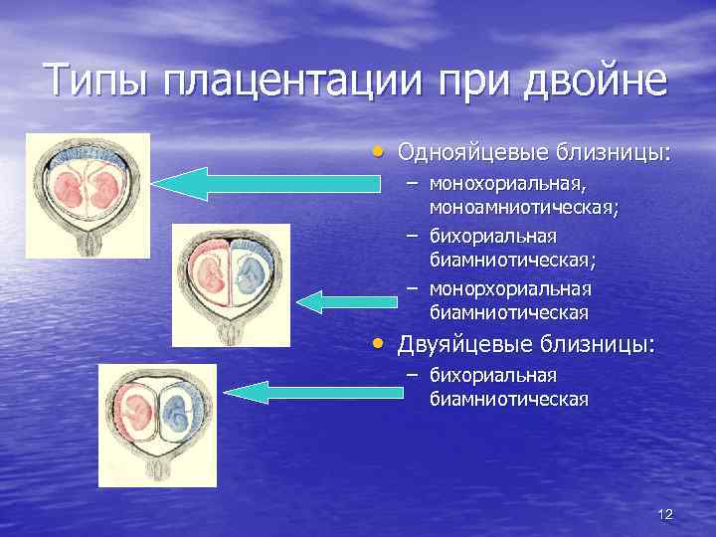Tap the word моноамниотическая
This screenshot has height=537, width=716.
524,208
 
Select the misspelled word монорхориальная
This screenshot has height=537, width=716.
510,289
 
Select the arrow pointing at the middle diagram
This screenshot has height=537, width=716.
338,301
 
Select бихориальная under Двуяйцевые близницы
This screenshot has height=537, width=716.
492,376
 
